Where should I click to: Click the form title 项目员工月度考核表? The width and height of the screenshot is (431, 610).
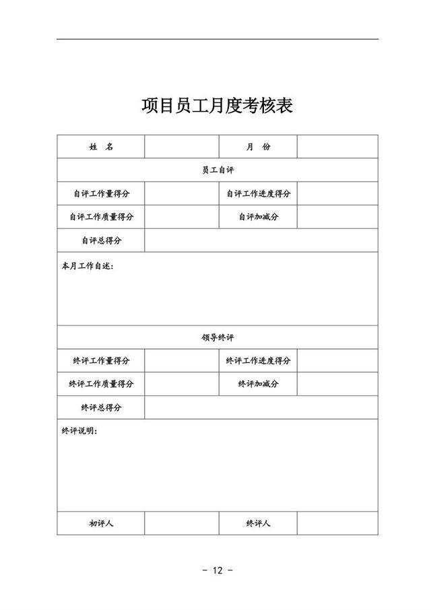click(217, 106)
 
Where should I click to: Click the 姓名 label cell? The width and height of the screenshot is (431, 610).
click(101, 147)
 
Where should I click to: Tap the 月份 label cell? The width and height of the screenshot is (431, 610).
click(258, 147)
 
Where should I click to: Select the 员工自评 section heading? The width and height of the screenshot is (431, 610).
click(218, 170)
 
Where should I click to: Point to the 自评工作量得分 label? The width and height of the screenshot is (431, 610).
click(101, 194)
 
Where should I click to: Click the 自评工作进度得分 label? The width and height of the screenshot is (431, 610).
click(258, 194)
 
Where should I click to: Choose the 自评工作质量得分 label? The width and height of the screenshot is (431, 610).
click(101, 217)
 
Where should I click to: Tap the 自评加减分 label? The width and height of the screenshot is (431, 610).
click(258, 217)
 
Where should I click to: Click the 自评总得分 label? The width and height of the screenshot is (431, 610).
click(101, 240)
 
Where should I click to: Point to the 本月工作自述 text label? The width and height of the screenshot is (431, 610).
click(88, 266)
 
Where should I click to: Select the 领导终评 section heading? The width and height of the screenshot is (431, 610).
click(218, 338)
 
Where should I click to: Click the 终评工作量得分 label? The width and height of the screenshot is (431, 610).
click(101, 361)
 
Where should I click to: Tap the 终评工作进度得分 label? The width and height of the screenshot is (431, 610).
click(258, 361)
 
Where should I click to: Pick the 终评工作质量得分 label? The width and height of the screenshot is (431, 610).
click(101, 384)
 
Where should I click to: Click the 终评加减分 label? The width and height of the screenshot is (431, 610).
click(258, 384)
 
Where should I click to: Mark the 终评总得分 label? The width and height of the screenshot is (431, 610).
click(101, 407)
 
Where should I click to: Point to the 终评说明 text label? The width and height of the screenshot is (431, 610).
click(79, 431)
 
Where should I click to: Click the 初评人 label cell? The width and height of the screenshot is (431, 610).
click(101, 523)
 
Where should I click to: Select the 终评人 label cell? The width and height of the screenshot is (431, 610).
click(258, 523)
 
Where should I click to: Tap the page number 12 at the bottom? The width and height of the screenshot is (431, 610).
click(217, 570)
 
